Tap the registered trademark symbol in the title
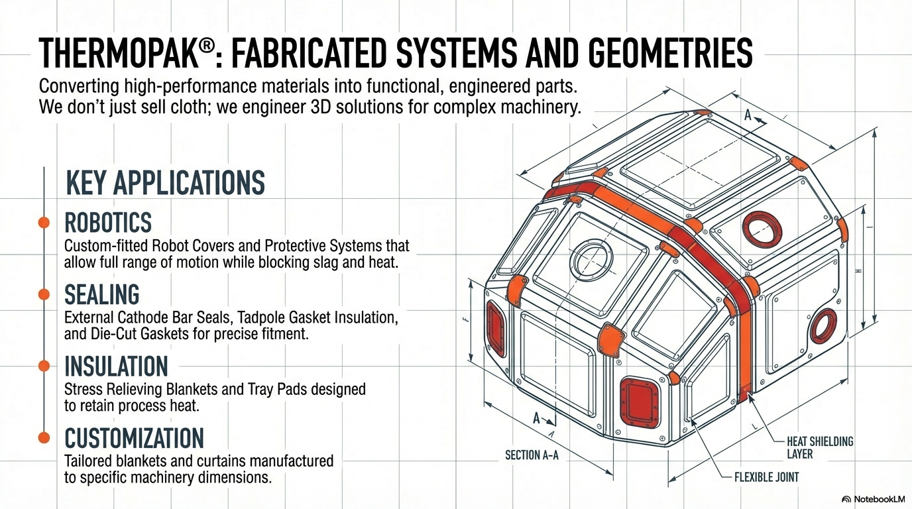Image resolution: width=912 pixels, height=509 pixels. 206,46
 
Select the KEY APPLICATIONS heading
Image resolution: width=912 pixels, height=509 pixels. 165,183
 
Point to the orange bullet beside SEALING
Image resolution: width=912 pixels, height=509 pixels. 44,294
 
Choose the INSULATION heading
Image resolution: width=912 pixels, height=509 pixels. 116,366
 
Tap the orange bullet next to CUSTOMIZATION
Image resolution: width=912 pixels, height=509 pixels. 44,437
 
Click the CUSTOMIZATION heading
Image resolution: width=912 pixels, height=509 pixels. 134,438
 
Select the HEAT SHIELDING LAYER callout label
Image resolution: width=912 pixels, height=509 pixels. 820,447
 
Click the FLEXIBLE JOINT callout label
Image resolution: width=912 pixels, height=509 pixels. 767,477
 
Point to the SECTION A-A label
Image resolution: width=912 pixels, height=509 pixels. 532,455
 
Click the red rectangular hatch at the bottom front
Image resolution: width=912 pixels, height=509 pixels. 640,402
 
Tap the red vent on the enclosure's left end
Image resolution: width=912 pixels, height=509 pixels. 496,329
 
